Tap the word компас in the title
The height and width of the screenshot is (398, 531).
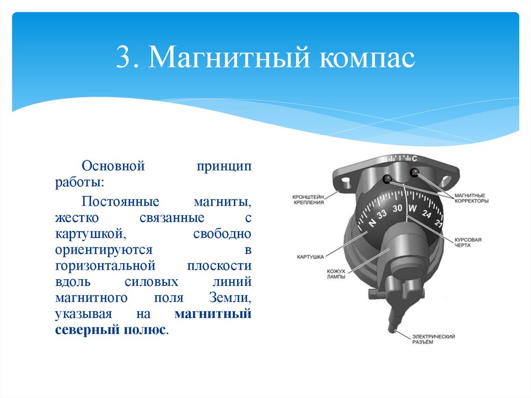point(367,58)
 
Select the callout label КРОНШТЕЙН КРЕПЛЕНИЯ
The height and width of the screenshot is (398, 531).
point(308,200)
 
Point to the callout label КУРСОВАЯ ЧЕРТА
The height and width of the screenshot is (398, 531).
point(468,242)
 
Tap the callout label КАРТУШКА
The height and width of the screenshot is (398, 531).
point(310,257)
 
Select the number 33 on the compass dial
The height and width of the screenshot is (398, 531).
point(382,214)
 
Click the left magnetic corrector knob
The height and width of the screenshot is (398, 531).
point(386,180)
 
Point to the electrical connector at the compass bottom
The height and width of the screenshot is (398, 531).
point(393,322)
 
